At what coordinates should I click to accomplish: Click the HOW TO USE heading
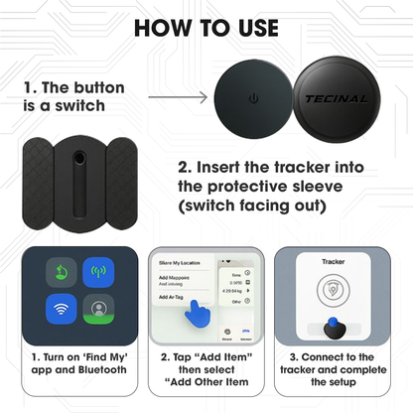(x=206, y=27)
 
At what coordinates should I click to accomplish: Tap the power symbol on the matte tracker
(x=254, y=98)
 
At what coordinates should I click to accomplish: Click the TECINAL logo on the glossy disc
(x=336, y=99)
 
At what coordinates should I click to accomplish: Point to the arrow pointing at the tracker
(x=179, y=97)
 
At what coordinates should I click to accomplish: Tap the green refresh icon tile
(x=63, y=271)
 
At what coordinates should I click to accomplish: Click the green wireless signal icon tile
(x=99, y=271)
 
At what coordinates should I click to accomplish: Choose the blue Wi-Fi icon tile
(x=63, y=309)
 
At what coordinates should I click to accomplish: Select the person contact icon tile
(x=99, y=309)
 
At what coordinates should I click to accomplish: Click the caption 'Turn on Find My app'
(x=79, y=361)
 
